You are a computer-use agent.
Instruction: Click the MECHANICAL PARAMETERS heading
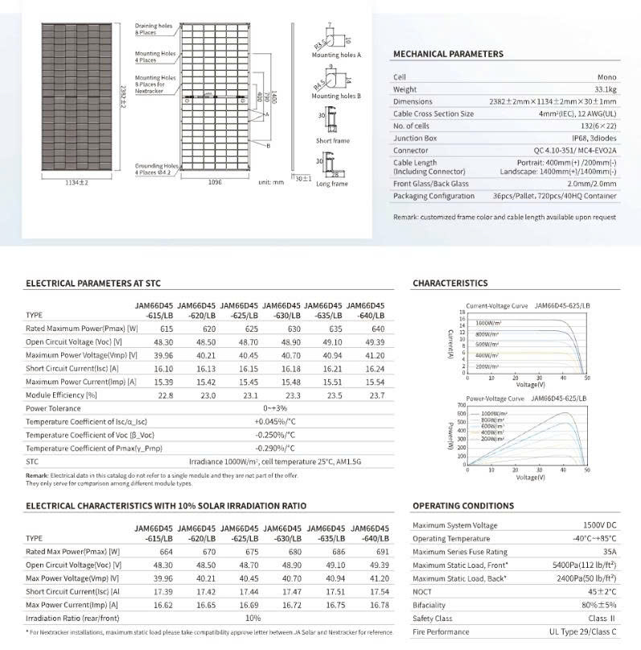tap(447, 54)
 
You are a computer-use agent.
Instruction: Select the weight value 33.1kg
tap(605, 89)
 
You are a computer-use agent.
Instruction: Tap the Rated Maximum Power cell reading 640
tap(355, 329)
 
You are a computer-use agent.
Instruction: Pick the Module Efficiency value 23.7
tap(355, 395)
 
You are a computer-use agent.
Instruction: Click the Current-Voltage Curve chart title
tap(497, 306)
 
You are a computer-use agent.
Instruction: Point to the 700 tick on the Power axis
tap(461, 405)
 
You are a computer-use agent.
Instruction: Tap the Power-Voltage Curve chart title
tap(495, 399)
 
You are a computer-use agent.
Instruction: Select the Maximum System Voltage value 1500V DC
tap(596, 525)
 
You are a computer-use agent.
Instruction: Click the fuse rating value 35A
tap(610, 552)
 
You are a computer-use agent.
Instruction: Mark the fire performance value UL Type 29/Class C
tap(585, 632)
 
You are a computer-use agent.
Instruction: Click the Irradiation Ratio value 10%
tap(253, 617)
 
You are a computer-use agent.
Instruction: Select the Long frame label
tap(332, 184)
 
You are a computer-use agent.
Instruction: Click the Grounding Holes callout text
tap(156, 168)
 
